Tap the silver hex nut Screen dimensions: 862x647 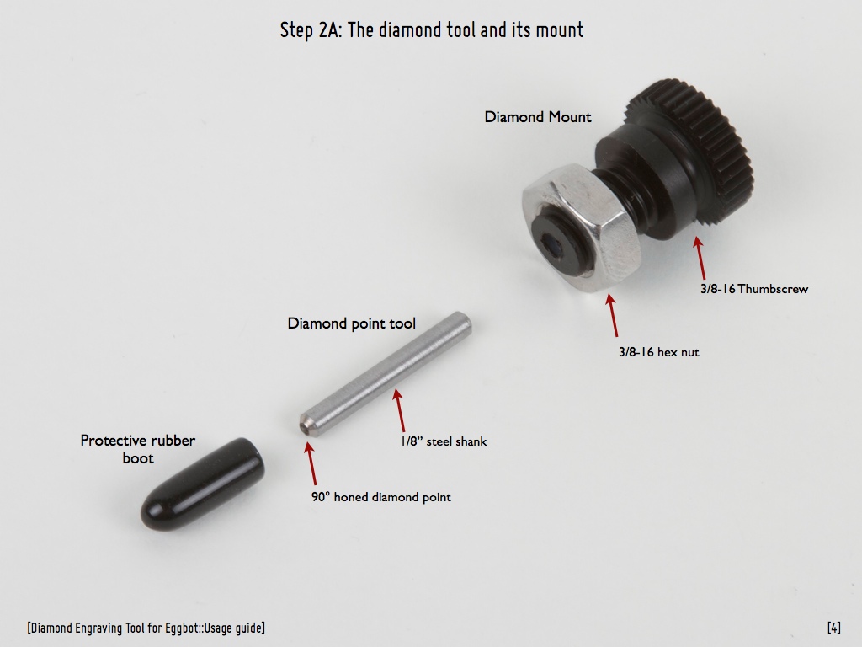[x=582, y=227]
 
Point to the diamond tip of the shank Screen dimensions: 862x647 [x=302, y=427]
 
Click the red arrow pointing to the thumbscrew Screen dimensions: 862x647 [x=700, y=258]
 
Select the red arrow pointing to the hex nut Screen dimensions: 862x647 [x=613, y=315]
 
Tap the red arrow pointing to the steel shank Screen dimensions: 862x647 [x=399, y=410]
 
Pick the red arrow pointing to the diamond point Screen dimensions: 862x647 [x=311, y=464]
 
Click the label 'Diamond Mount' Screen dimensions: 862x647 [x=538, y=117]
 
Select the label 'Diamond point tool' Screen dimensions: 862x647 [x=352, y=323]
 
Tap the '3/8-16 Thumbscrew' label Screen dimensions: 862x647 [x=754, y=289]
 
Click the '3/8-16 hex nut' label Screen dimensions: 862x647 [x=658, y=352]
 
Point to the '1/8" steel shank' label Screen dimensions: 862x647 [x=444, y=441]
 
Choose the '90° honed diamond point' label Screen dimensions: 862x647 [x=381, y=497]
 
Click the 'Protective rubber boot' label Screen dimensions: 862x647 [x=138, y=449]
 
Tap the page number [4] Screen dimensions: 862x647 [x=834, y=628]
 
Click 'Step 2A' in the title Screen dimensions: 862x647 [x=311, y=29]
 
